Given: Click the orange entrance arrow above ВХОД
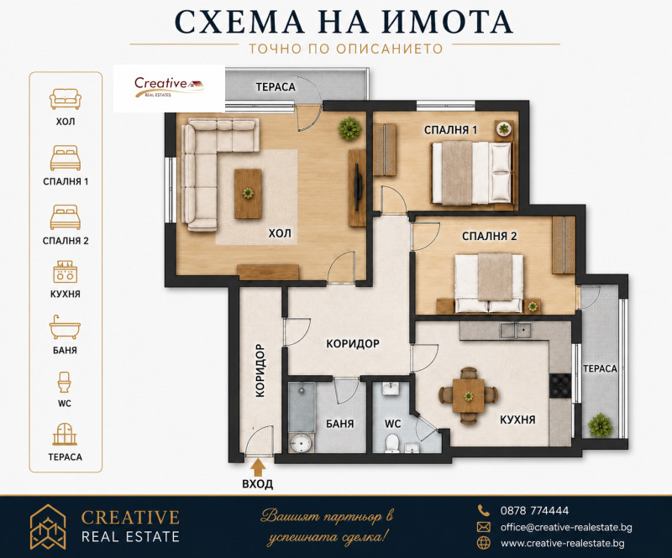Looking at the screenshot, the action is click(x=258, y=467).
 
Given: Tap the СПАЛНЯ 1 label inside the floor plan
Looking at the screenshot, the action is click(x=450, y=130).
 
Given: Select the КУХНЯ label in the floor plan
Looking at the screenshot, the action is click(x=517, y=420).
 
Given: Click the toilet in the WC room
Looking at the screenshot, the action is click(x=392, y=443).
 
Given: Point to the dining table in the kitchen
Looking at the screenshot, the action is click(x=469, y=396).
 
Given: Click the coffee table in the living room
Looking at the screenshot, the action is click(x=248, y=194).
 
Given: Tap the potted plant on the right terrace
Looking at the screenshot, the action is click(x=600, y=425).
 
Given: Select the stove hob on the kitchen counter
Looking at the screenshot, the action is click(x=560, y=385).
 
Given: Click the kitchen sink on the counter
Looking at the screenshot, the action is click(x=516, y=330).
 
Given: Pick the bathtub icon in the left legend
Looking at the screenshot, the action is click(x=66, y=327).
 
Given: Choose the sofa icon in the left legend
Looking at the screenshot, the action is click(x=66, y=99).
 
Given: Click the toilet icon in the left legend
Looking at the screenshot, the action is click(x=65, y=382).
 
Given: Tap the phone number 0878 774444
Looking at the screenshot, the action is click(x=534, y=510).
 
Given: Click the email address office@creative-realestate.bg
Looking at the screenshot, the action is click(x=566, y=527).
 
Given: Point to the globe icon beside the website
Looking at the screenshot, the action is click(x=484, y=543).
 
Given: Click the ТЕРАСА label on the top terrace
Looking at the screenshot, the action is click(x=276, y=87).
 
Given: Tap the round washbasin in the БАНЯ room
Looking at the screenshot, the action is click(x=300, y=443).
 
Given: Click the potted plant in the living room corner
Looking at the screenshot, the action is click(x=349, y=128).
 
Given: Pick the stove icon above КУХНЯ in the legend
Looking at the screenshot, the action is click(x=66, y=272).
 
